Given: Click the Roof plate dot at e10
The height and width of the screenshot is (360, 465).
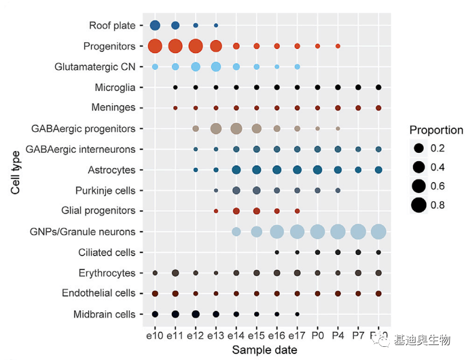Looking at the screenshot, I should pos(155,25).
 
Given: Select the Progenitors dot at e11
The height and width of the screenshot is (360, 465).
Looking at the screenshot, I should pos(175,46).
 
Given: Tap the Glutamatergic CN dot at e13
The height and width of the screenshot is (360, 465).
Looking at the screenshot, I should pos(216,66).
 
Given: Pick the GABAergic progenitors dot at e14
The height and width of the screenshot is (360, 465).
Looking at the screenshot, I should pos(236,128).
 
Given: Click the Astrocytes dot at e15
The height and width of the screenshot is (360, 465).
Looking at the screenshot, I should pos(257,170).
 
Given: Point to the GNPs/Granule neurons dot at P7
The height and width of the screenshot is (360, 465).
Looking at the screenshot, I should pos(358,232).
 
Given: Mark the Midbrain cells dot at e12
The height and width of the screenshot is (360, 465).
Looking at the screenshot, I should pos(196,314).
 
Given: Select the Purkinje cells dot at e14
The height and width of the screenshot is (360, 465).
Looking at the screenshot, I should pos(236,190).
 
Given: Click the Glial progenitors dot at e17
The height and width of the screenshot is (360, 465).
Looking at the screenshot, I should pos(297,211).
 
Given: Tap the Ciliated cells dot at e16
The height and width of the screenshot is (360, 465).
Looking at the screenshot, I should pos(277,253).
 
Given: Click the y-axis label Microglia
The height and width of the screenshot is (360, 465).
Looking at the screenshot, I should pos(115,88).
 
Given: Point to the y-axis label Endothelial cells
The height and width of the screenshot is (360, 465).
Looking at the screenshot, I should pos(99,294).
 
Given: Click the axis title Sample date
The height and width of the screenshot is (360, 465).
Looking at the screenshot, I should pos(264,350).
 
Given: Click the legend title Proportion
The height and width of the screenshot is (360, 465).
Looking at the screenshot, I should pos(436,130).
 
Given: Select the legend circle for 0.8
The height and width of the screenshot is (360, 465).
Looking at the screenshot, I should pos(419,205).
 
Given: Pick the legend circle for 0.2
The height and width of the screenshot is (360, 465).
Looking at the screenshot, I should pos(419,148).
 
